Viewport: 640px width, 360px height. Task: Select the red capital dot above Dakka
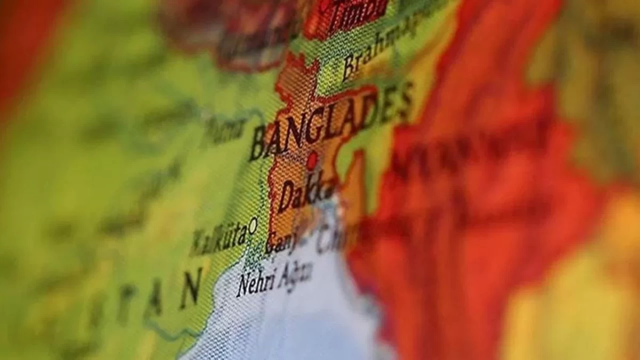click(312, 160)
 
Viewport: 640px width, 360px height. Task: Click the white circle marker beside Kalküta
click(253, 225)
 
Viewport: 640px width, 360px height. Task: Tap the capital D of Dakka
click(286, 197)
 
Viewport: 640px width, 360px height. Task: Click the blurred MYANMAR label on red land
click(465, 150)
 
